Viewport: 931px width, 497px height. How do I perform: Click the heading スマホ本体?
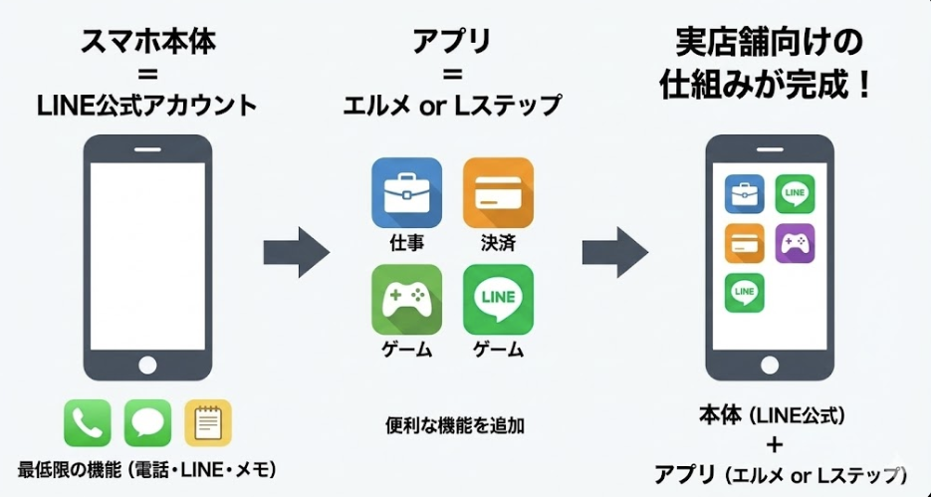[146, 43]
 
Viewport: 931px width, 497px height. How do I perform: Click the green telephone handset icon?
[88, 422]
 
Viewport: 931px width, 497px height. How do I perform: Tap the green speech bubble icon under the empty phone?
[147, 422]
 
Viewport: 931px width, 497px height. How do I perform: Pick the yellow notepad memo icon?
[207, 422]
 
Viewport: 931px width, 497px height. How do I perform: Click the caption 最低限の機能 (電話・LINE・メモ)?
[146, 468]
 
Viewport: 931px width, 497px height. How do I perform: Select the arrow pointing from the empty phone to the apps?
[296, 252]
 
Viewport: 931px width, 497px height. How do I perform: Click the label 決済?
[498, 242]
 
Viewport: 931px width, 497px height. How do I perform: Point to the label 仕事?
[406, 242]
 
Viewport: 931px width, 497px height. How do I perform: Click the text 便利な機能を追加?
[454, 424]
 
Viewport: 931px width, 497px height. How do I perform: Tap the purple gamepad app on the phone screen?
[795, 242]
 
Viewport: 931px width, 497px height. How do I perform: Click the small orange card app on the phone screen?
[744, 242]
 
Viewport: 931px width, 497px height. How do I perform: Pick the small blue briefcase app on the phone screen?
[744, 193]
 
